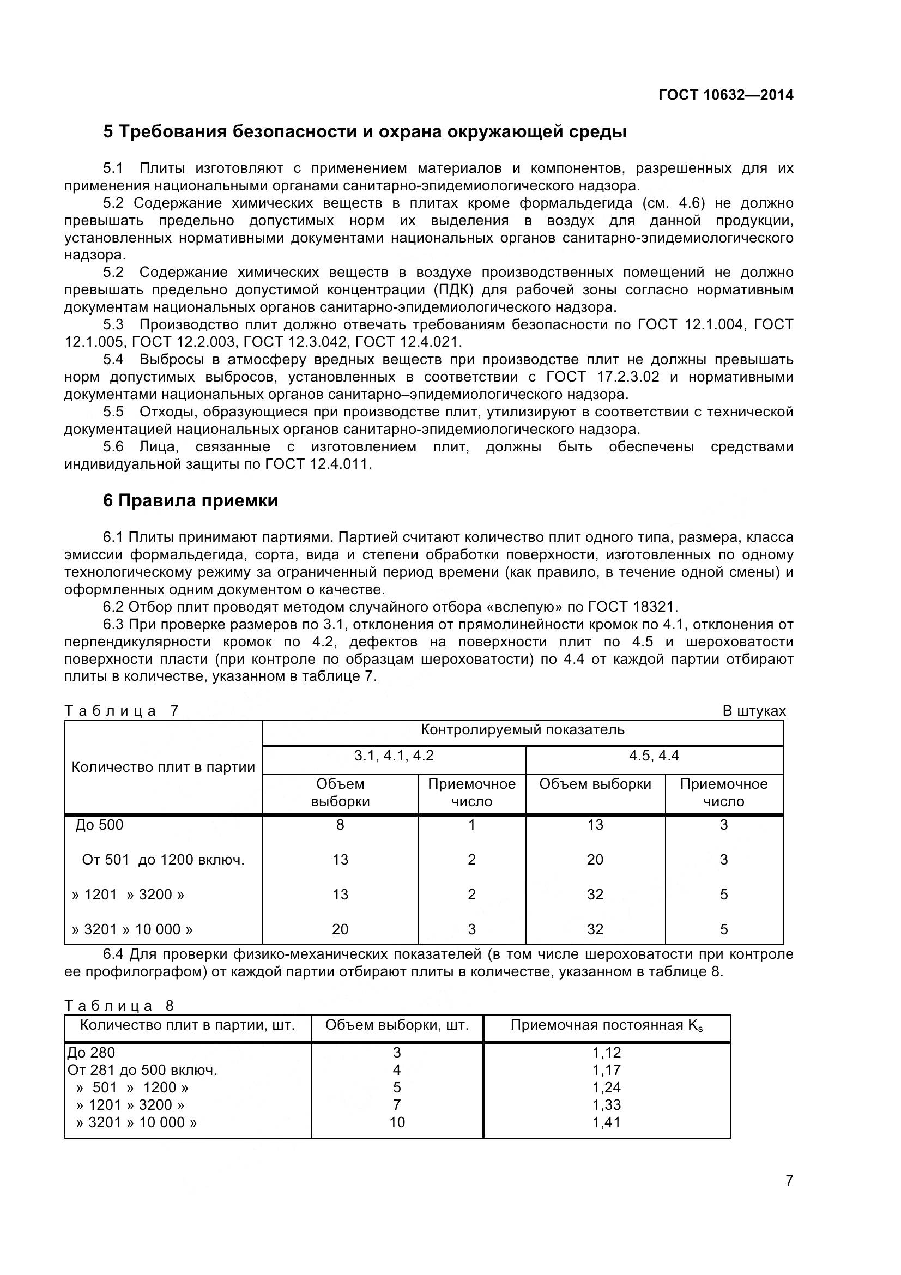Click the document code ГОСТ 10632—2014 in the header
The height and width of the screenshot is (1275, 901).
[725, 95]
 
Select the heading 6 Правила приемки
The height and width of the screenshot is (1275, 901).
[190, 501]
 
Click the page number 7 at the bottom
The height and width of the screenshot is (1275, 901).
[789, 1197]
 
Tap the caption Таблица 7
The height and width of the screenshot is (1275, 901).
[121, 711]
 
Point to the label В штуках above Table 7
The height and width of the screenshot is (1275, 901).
[754, 711]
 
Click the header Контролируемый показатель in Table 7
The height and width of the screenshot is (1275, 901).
[522, 730]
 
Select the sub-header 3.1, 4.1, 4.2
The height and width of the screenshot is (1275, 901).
[394, 756]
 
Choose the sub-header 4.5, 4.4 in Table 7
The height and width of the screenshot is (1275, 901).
[654, 756]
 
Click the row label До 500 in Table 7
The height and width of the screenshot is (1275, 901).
[99, 825]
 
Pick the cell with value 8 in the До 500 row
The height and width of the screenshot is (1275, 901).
[340, 825]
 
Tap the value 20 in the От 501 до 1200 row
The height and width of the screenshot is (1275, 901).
[595, 860]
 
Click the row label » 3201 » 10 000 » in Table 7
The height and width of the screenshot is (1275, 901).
[132, 929]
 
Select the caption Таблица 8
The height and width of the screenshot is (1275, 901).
[119, 1006]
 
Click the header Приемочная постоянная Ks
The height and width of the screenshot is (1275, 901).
[606, 1025]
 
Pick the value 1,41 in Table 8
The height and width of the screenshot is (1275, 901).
[606, 1122]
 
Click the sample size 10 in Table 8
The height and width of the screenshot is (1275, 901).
[397, 1122]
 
